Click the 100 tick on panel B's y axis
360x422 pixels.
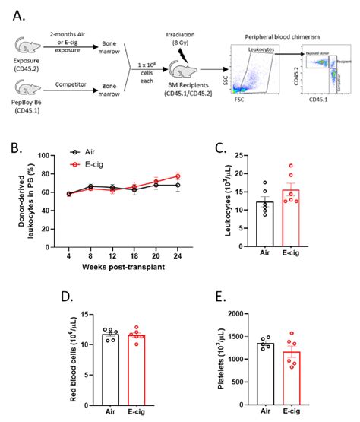[48, 155]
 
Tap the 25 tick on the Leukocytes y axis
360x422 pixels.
[249, 156]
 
